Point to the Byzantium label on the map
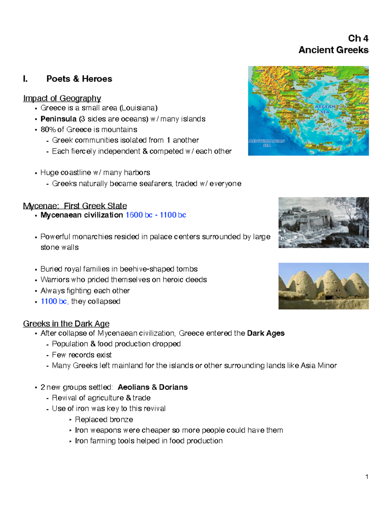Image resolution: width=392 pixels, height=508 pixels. click(x=360, y=75)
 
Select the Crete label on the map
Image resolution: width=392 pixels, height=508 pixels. click(x=328, y=143)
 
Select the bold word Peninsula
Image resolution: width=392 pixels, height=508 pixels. click(x=58, y=119)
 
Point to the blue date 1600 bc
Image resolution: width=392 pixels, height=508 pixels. click(x=139, y=215)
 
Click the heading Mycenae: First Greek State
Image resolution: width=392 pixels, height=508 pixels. click(x=75, y=206)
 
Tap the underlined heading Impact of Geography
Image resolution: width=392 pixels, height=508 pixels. click(x=62, y=98)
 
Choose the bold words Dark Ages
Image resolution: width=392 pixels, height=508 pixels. click(x=266, y=333)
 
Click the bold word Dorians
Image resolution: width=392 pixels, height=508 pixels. click(x=173, y=387)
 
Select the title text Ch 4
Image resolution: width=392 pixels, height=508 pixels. click(x=358, y=39)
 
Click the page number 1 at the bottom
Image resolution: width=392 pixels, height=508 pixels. click(x=367, y=477)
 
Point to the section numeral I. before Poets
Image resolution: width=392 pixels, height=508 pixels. click(x=25, y=79)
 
